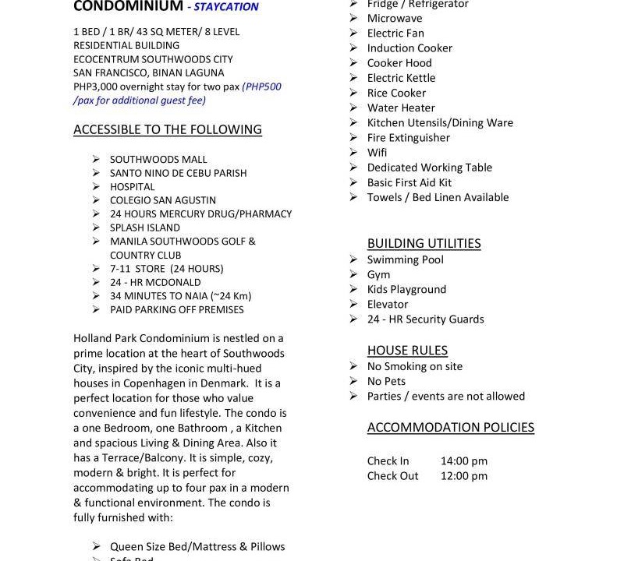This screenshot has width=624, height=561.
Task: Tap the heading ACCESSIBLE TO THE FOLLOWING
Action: [x=168, y=129]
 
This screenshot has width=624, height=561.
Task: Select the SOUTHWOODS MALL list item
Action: [x=158, y=159]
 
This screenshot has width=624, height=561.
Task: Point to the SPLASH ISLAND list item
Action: [x=145, y=228]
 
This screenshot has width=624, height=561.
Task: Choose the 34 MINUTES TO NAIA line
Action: [x=180, y=296]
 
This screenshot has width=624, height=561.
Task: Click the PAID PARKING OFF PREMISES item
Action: [x=176, y=309]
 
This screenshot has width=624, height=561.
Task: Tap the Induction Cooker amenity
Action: [x=409, y=48]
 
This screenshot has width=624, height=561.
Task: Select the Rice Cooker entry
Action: [x=396, y=93]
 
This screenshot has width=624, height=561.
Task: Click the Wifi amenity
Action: [x=377, y=153]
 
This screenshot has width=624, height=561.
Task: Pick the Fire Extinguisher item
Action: [x=408, y=138]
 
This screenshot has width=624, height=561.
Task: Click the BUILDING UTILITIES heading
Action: [x=424, y=243]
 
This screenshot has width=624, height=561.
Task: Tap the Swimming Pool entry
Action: [x=405, y=259]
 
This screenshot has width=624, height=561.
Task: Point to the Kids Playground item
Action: [x=406, y=289]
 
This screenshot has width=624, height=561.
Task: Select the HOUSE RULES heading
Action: [x=407, y=351]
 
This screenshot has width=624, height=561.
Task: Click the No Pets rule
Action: [x=386, y=381]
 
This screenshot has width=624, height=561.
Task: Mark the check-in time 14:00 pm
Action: [x=463, y=460]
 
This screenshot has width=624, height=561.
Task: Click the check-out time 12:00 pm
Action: [x=463, y=475]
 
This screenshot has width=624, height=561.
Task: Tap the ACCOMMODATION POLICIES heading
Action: [x=451, y=427]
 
